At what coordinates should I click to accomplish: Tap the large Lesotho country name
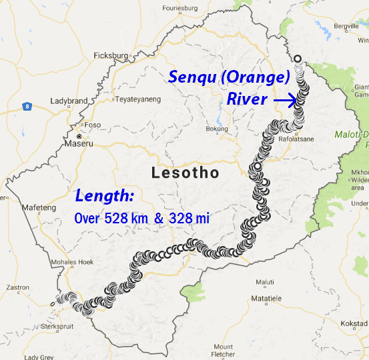186,173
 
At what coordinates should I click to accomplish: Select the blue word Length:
104,196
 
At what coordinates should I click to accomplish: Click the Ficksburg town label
111,55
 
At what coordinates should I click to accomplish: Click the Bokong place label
218,129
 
